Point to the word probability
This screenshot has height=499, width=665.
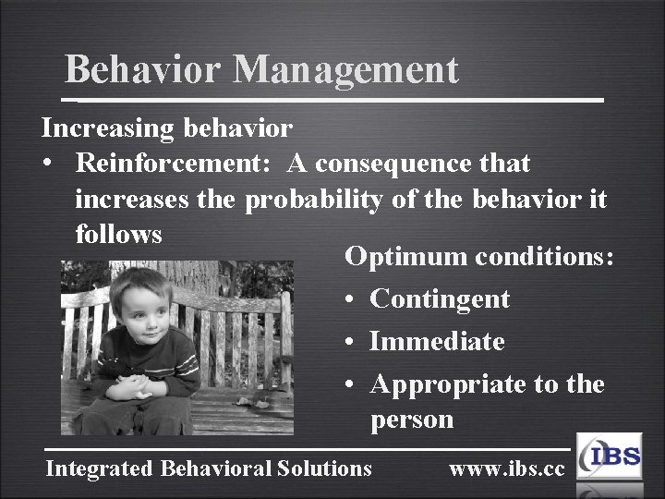click(x=313, y=199)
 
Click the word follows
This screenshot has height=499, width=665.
click(x=118, y=234)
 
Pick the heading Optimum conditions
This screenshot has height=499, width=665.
click(x=478, y=256)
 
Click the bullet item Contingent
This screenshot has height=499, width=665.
click(x=439, y=298)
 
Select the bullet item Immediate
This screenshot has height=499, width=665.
click(x=436, y=341)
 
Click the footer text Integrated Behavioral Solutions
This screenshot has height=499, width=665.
click(x=209, y=469)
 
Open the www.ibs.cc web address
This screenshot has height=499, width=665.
click(x=506, y=469)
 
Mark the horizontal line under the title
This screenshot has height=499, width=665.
click(x=332, y=98)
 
